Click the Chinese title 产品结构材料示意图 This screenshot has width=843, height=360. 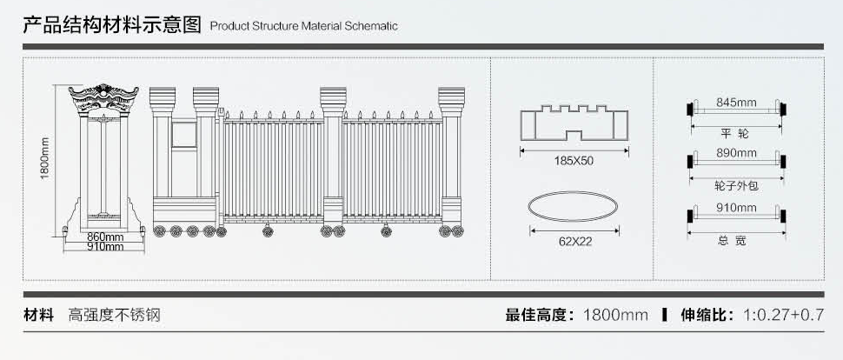(x=113, y=24)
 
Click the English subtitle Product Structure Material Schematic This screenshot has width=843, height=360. (x=304, y=26)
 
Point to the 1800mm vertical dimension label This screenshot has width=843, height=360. (x=45, y=157)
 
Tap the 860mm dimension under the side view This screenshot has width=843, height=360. (x=105, y=237)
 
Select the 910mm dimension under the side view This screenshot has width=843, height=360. (x=105, y=247)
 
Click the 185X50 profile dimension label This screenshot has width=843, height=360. (x=574, y=160)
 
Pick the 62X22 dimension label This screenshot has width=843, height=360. (x=574, y=241)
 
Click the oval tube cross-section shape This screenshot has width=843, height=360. (x=574, y=208)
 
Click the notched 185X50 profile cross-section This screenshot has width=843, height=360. (x=574, y=123)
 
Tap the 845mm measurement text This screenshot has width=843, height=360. (x=735, y=103)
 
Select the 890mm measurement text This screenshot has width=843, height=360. (x=735, y=153)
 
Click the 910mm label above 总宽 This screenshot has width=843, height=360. (x=735, y=208)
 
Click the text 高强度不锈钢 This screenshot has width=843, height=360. (x=115, y=316)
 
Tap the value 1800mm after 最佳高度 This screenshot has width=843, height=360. (x=615, y=316)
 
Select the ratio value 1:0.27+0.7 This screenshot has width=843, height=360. (x=782, y=316)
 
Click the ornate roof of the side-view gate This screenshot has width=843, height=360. (x=105, y=101)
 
